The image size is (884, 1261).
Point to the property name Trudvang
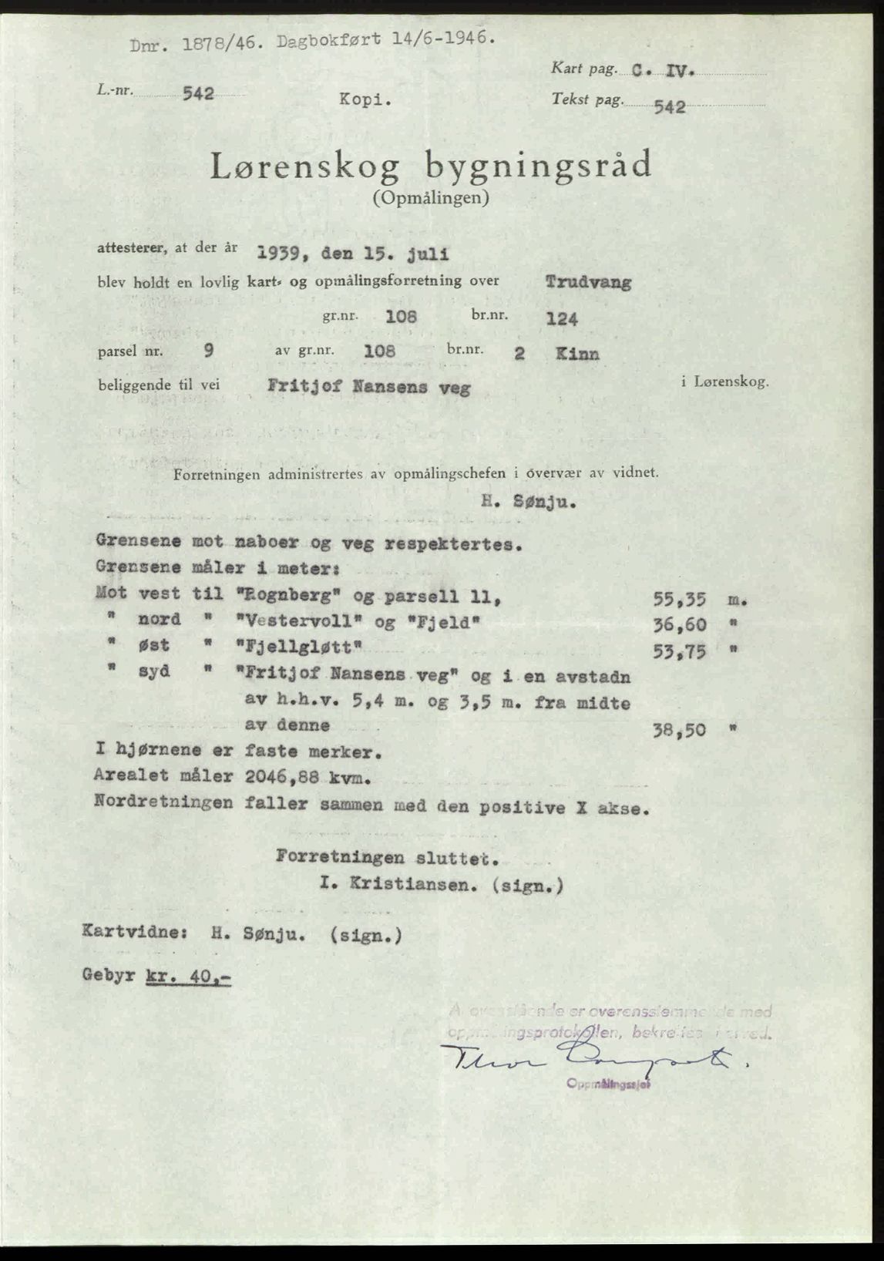click(588, 281)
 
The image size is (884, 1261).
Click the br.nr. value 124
click(562, 318)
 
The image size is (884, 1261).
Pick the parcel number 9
click(208, 350)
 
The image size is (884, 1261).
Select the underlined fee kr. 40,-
click(187, 976)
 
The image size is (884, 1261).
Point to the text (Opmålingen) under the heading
click(431, 198)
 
